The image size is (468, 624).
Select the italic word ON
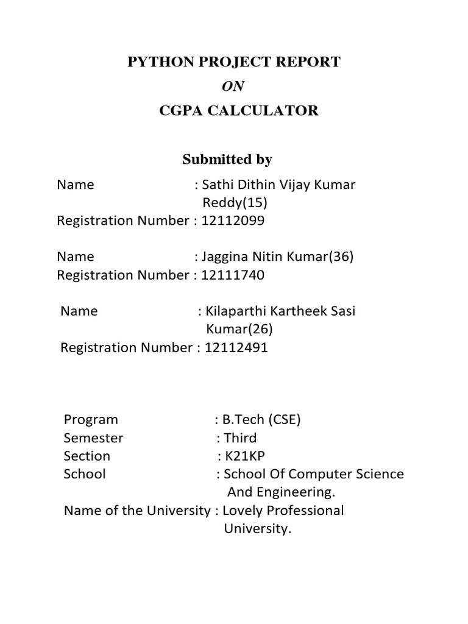pos(233,87)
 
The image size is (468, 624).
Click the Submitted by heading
pos(227,160)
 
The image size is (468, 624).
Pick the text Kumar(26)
pos(239,330)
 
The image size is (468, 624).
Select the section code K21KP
pos(244,456)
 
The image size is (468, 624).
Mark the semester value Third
pos(240,438)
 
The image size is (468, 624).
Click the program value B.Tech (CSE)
pos(261,420)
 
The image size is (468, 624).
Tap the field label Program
pos(91,420)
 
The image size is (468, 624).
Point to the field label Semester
pos(93,438)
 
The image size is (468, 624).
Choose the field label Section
pos(87,456)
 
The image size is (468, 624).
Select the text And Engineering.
pos(282,492)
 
